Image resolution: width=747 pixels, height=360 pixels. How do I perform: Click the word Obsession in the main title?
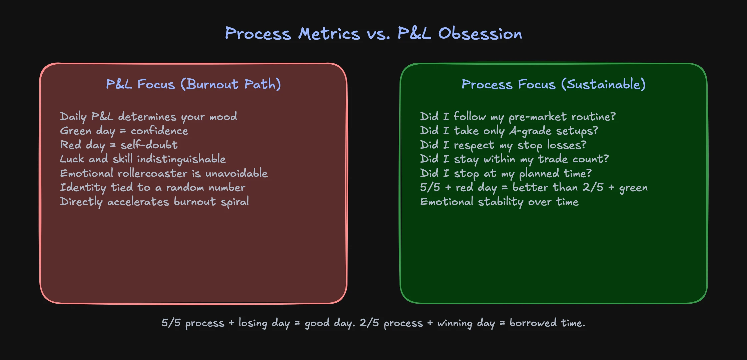[x=480, y=34]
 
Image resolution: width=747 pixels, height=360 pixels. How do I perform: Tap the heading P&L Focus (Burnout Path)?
[x=193, y=84]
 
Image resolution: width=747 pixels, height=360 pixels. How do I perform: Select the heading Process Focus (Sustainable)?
[x=554, y=84]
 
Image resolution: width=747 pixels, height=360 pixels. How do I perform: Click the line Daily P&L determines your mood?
[x=148, y=117]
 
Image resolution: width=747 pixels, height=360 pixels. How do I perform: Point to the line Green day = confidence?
[x=124, y=131]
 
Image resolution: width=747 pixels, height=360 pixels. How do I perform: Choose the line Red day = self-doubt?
[x=119, y=145]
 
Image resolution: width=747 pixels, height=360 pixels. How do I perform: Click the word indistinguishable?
[x=181, y=159]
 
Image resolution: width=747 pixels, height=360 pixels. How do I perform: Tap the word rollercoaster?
[x=152, y=173]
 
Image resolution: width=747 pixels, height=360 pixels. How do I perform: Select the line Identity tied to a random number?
[x=152, y=187]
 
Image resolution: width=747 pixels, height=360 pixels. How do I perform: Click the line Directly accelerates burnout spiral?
[x=154, y=202]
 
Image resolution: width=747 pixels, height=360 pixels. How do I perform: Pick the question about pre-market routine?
[x=518, y=117]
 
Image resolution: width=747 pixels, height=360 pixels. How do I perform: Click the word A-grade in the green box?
[x=530, y=131]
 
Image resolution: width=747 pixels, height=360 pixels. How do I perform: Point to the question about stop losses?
[x=503, y=145]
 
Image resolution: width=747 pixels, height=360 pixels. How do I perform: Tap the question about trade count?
[x=514, y=159]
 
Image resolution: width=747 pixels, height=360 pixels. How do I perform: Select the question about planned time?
[x=506, y=173]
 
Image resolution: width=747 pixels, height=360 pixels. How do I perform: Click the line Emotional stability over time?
[x=499, y=202]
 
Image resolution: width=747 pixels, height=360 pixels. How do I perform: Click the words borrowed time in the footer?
[x=547, y=323]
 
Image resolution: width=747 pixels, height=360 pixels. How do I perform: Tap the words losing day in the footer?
[x=264, y=323]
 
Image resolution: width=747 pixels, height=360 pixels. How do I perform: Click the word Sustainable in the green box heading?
[x=604, y=84]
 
